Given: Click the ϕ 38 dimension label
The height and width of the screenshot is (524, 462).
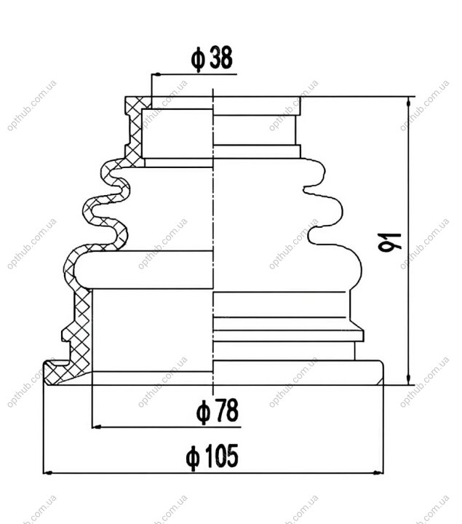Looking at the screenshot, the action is [x=212, y=59].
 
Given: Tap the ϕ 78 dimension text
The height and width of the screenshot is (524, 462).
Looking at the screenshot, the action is [x=218, y=411].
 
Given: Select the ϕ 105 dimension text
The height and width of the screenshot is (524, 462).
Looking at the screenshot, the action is [x=212, y=456].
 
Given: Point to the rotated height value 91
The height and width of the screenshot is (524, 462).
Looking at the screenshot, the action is [x=390, y=242].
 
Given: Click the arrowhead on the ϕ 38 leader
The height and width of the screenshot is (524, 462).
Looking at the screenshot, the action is [x=156, y=74].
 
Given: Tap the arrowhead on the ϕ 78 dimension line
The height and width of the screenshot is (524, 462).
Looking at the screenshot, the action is [x=97, y=426].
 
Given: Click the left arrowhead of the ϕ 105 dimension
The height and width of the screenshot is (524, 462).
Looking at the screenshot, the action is [x=48, y=473].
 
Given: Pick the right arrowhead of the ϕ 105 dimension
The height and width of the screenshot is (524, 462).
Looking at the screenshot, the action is [x=378, y=473].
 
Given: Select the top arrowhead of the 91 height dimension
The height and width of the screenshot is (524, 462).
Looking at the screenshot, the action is [x=408, y=102].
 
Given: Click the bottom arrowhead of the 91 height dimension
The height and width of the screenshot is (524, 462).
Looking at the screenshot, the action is [x=408, y=380].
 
